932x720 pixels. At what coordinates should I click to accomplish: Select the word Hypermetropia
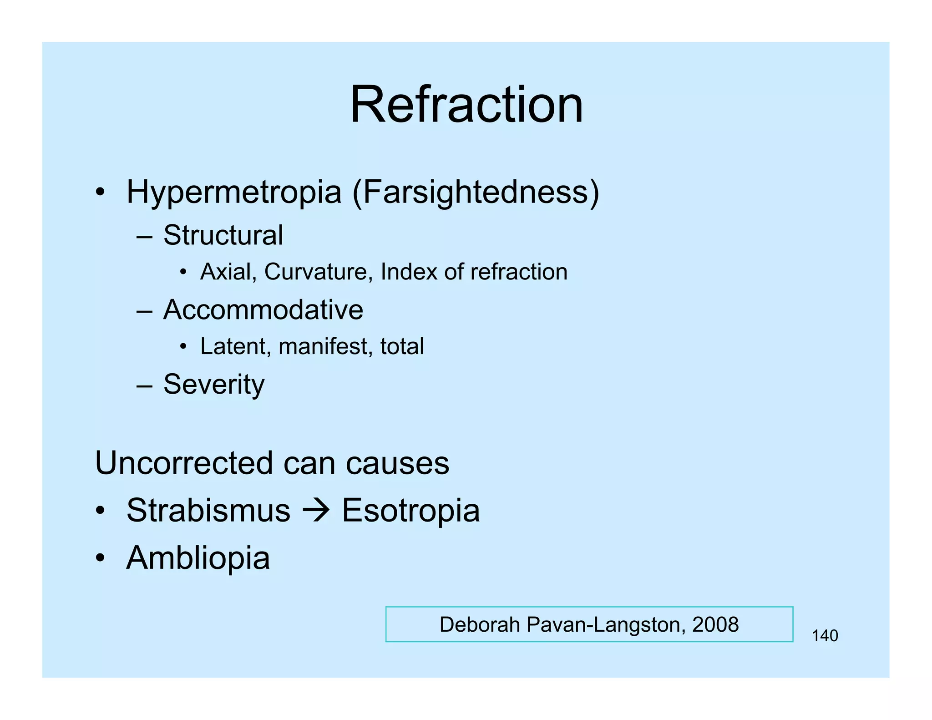[x=233, y=192]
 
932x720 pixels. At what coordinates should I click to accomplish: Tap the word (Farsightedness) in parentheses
[x=476, y=193]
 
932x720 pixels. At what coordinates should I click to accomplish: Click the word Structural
[x=223, y=235]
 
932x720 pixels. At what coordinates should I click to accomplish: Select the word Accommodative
[x=263, y=310]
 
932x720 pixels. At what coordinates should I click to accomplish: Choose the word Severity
[x=213, y=385]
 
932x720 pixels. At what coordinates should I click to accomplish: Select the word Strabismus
[x=208, y=510]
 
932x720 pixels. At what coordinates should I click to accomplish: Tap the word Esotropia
[x=410, y=510]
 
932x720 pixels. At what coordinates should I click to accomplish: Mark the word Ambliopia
[x=198, y=558]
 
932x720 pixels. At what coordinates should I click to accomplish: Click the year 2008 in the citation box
[x=715, y=624]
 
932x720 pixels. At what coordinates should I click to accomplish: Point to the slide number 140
[x=825, y=636]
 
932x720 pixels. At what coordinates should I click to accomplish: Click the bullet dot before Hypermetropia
[x=100, y=192]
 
